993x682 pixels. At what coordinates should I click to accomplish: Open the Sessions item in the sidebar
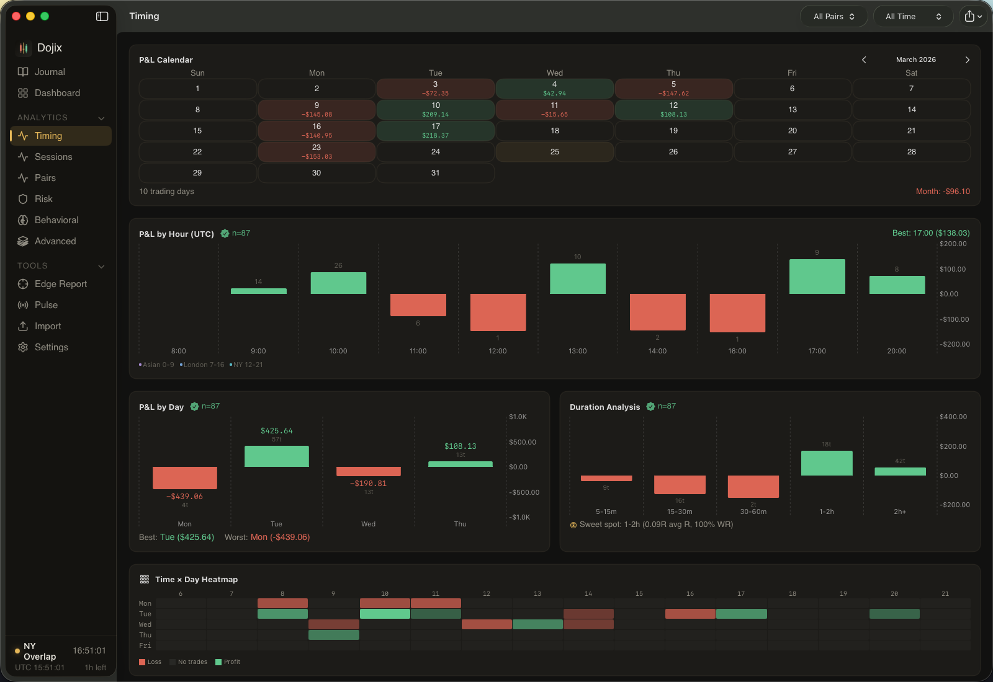click(53, 157)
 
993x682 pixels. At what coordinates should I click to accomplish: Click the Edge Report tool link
click(60, 284)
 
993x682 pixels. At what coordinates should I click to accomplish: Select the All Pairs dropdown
click(833, 17)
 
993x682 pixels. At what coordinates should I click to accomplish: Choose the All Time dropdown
click(912, 17)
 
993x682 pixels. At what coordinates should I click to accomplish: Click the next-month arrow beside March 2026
click(967, 60)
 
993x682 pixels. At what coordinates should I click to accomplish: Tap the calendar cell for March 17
click(435, 130)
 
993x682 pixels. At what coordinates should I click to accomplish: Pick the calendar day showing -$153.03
click(317, 152)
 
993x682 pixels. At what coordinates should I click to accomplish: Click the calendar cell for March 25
click(554, 152)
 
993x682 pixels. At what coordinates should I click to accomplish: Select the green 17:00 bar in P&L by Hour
click(817, 277)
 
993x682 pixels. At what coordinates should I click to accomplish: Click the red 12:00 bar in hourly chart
click(498, 312)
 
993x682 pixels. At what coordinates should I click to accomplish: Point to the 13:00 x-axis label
click(577, 351)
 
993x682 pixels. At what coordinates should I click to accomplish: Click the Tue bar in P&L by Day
click(276, 456)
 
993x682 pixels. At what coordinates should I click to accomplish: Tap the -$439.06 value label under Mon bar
click(184, 497)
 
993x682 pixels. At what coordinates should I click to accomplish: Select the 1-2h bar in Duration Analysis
click(826, 463)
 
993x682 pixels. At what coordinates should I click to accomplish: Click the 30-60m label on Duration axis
click(753, 511)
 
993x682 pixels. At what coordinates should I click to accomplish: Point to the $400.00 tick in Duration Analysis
click(953, 417)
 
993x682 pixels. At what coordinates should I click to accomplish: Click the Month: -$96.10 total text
click(942, 192)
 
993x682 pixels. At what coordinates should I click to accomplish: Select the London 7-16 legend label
click(204, 365)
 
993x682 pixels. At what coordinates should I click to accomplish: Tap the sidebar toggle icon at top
click(102, 17)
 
